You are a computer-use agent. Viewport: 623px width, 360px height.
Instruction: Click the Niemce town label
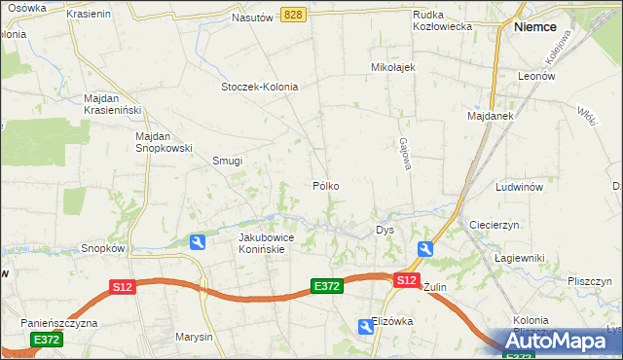(x=535, y=28)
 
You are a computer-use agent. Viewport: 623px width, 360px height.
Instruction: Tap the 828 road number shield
(x=295, y=15)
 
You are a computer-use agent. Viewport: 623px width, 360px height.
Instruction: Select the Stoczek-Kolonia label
(x=259, y=87)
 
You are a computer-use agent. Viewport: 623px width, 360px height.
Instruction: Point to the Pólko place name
(x=326, y=185)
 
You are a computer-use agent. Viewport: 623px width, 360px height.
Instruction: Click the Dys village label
(x=385, y=231)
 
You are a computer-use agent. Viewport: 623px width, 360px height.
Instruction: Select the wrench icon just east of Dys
(x=424, y=250)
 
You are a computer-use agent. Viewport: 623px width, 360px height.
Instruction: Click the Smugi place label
(x=227, y=162)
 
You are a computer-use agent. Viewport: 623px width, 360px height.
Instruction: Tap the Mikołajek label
(x=393, y=67)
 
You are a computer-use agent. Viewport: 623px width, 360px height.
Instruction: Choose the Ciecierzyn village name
(x=496, y=225)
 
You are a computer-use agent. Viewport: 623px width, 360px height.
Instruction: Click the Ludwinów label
(x=518, y=186)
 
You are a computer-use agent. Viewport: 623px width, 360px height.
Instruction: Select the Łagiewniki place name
(x=517, y=257)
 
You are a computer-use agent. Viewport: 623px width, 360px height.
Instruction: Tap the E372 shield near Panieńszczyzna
(x=46, y=340)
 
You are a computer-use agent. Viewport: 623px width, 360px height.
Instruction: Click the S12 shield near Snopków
(x=122, y=287)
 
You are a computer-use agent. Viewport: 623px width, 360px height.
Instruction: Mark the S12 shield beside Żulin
(x=407, y=280)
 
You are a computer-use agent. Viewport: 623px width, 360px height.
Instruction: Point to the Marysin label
(x=194, y=337)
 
